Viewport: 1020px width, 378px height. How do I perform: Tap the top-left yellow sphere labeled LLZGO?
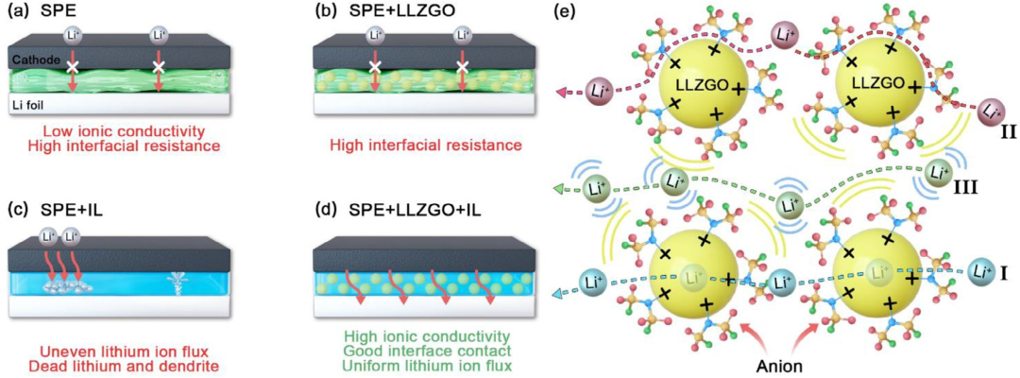700,86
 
